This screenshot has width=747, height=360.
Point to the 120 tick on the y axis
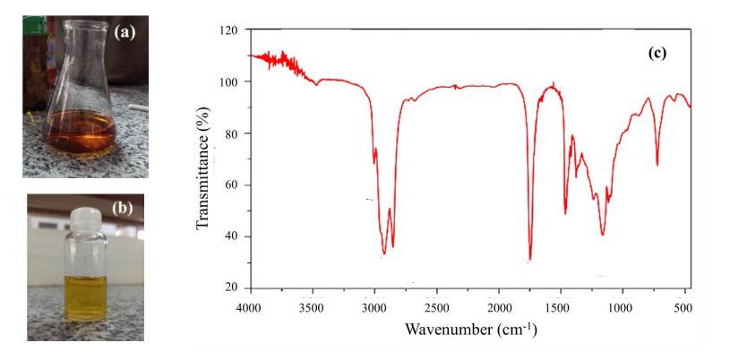pos(230,30)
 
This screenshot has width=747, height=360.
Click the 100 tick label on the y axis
pos(230,82)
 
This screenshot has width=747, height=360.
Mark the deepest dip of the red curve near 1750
pos(530,259)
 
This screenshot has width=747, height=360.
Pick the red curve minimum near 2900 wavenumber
pos(384,253)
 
